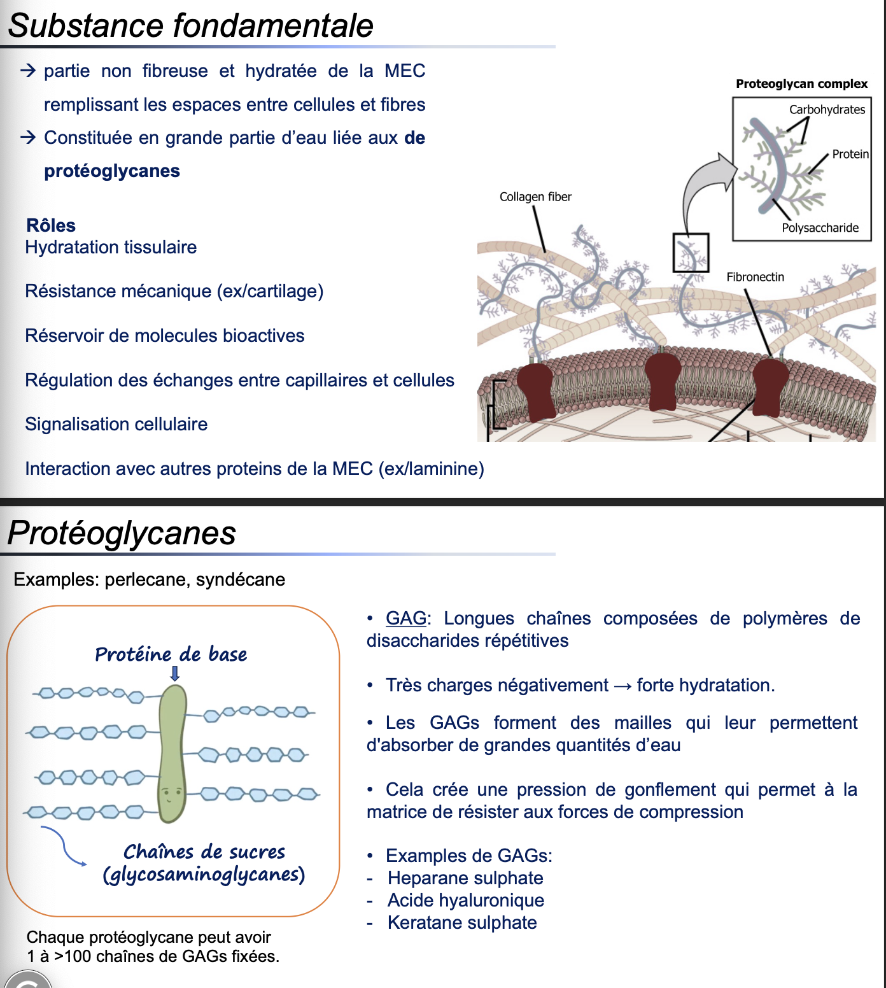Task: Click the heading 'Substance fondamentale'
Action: (190, 25)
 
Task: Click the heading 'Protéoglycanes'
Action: (122, 533)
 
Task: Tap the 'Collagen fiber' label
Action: (535, 197)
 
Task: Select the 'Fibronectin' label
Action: (755, 277)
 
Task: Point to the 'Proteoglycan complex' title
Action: (801, 83)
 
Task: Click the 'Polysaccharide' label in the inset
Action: (820, 228)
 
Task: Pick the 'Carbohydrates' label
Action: (827, 109)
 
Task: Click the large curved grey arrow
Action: (703, 185)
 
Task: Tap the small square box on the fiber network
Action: (691, 253)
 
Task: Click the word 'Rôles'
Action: (51, 225)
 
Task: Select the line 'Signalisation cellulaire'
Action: (116, 424)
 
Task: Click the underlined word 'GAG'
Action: (406, 618)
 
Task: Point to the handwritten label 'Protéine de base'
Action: (171, 654)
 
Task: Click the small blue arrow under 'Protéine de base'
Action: (175, 674)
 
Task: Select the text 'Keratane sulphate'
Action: (462, 922)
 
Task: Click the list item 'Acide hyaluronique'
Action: (466, 900)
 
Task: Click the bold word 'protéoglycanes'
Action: (112, 171)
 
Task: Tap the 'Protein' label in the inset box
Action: (850, 154)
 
